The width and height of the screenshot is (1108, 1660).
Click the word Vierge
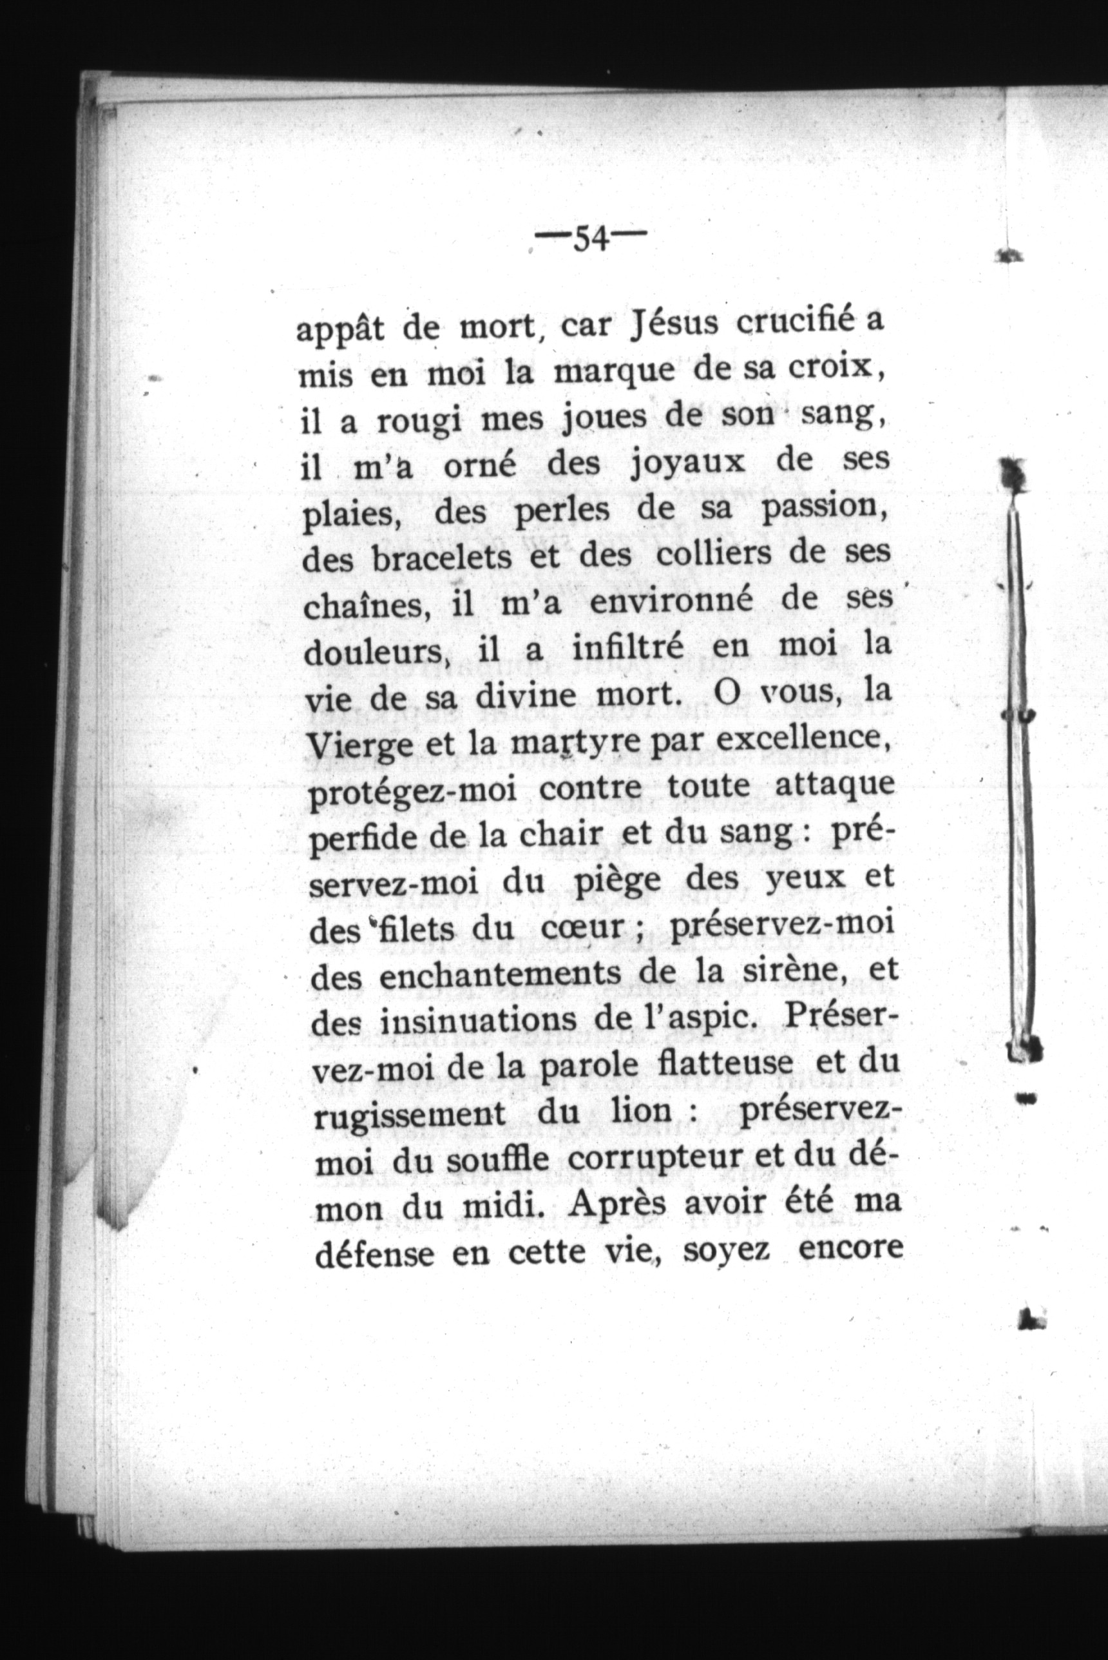[353, 744]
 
